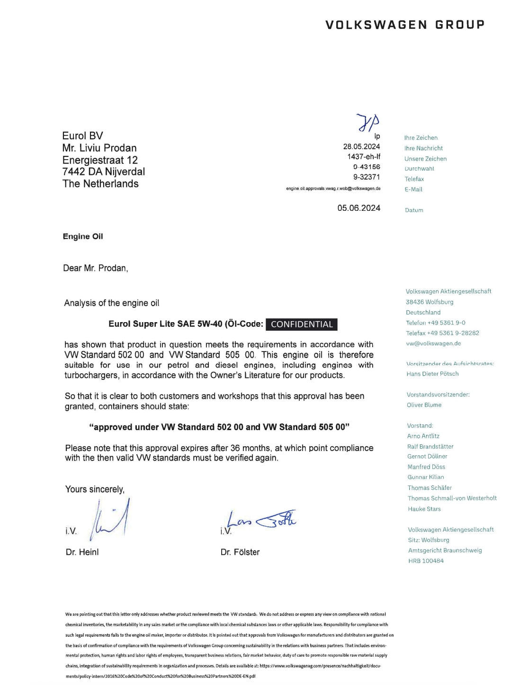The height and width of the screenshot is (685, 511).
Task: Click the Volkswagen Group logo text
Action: [x=405, y=25]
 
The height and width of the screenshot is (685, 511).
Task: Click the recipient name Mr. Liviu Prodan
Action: [x=99, y=148]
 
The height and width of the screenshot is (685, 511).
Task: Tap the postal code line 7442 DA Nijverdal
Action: [x=104, y=171]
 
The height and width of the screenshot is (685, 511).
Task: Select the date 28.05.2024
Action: [x=361, y=146]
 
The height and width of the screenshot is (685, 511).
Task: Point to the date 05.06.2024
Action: [x=359, y=208]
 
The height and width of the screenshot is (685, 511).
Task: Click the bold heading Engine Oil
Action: [x=83, y=236]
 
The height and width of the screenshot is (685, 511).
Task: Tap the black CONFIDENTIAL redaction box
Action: [x=302, y=324]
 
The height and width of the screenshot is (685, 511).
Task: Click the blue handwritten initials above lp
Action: [x=368, y=122]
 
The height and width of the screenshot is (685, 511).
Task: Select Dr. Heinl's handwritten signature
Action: [x=110, y=520]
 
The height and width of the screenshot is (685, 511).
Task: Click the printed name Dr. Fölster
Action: [x=240, y=552]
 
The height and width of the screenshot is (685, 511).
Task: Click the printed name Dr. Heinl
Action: [x=82, y=552]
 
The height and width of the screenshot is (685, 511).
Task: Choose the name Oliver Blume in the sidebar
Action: [x=424, y=405]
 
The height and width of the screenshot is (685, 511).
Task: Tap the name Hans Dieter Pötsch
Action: [x=432, y=374]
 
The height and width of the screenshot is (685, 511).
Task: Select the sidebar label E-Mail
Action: [x=413, y=189]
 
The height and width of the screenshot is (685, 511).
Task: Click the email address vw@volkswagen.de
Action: [x=433, y=343]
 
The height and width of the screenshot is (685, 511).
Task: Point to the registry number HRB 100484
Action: [x=426, y=561]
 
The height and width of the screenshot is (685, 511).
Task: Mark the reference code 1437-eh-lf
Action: [x=364, y=156]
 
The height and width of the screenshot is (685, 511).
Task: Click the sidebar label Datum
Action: [x=414, y=210]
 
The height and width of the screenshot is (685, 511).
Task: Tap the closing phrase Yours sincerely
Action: [x=95, y=489]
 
